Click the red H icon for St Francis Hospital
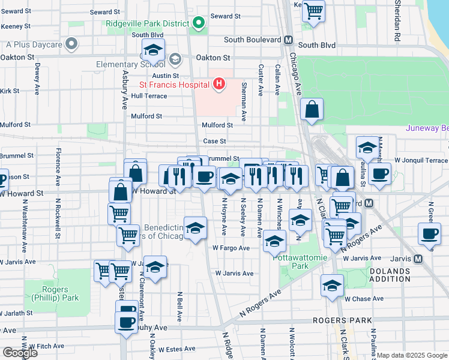(x=219, y=84)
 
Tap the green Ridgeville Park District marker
(x=199, y=23)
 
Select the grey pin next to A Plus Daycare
(x=72, y=44)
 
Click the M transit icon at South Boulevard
(x=288, y=40)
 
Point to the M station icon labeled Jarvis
(x=418, y=259)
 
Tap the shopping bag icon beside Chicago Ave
(x=312, y=110)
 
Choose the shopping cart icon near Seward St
(x=313, y=10)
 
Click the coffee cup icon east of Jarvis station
(x=430, y=234)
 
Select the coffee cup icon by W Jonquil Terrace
(x=379, y=174)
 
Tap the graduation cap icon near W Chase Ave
(x=332, y=287)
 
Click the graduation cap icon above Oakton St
(x=154, y=50)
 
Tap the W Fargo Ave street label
(x=231, y=248)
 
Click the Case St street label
(x=214, y=141)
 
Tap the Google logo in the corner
(x=20, y=353)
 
